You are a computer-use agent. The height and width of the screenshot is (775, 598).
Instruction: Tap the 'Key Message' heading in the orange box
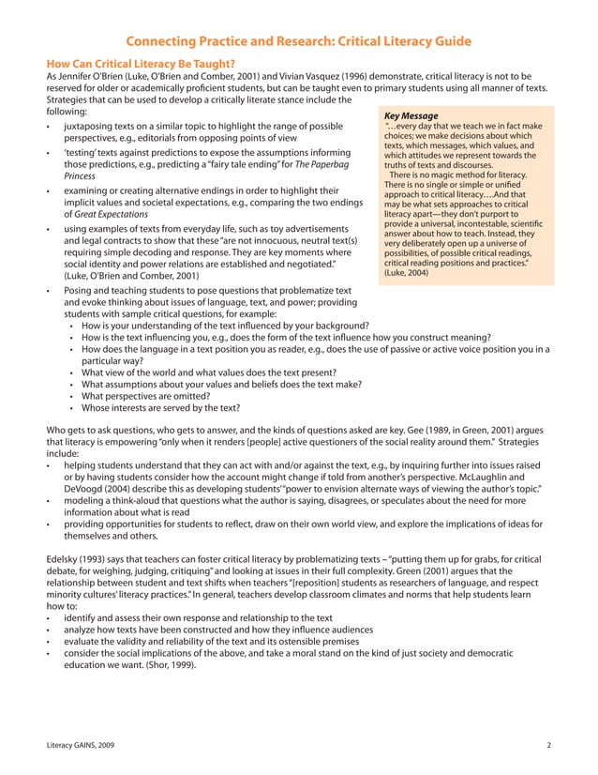(411, 116)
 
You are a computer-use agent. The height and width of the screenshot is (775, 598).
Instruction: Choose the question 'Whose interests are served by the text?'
(160, 408)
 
